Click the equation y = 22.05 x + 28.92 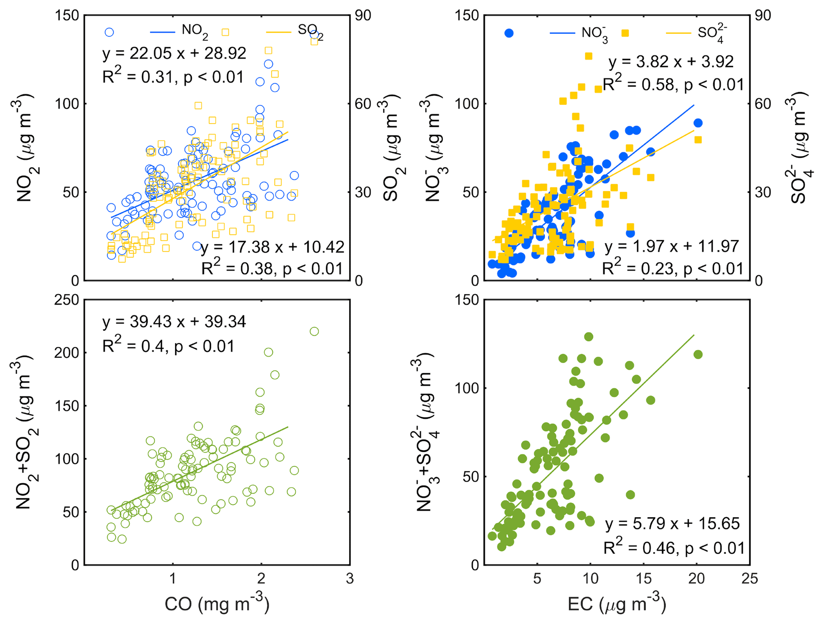point(174,53)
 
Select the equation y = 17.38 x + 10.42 point(272,247)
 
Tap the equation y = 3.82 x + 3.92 point(671,62)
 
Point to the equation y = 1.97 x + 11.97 point(672,246)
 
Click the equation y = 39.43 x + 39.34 point(174,321)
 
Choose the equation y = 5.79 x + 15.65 point(672,523)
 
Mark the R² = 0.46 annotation point(674,548)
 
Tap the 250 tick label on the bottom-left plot point(67,300)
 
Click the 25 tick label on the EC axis point(749,578)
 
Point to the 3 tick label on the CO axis point(350,578)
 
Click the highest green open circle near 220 point(314,331)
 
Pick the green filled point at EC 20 point(698,354)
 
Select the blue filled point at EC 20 point(698,123)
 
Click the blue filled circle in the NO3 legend point(509,33)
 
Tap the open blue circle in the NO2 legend point(109,32)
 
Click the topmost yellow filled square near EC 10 point(588,56)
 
